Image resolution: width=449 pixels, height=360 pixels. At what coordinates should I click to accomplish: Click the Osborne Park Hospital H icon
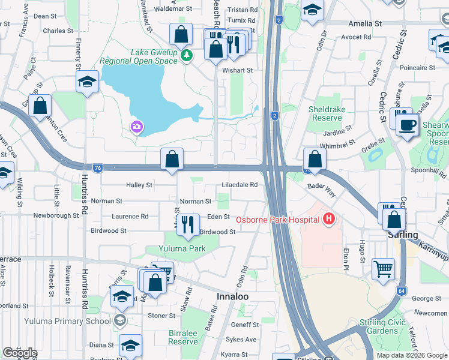point(328,220)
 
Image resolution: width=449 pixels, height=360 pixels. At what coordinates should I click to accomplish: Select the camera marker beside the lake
point(137,127)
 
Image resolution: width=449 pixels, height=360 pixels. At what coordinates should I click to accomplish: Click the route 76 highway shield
point(97,167)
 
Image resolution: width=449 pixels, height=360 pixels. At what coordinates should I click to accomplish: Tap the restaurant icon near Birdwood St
point(188,226)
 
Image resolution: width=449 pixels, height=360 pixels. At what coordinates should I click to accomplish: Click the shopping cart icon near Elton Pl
point(383,269)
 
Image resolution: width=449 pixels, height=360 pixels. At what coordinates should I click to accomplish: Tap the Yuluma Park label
point(182,248)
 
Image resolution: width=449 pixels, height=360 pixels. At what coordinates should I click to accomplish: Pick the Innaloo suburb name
point(232,297)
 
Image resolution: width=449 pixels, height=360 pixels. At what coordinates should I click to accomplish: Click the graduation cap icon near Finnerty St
point(87,82)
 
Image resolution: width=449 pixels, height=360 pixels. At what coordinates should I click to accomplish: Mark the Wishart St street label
point(237,70)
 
